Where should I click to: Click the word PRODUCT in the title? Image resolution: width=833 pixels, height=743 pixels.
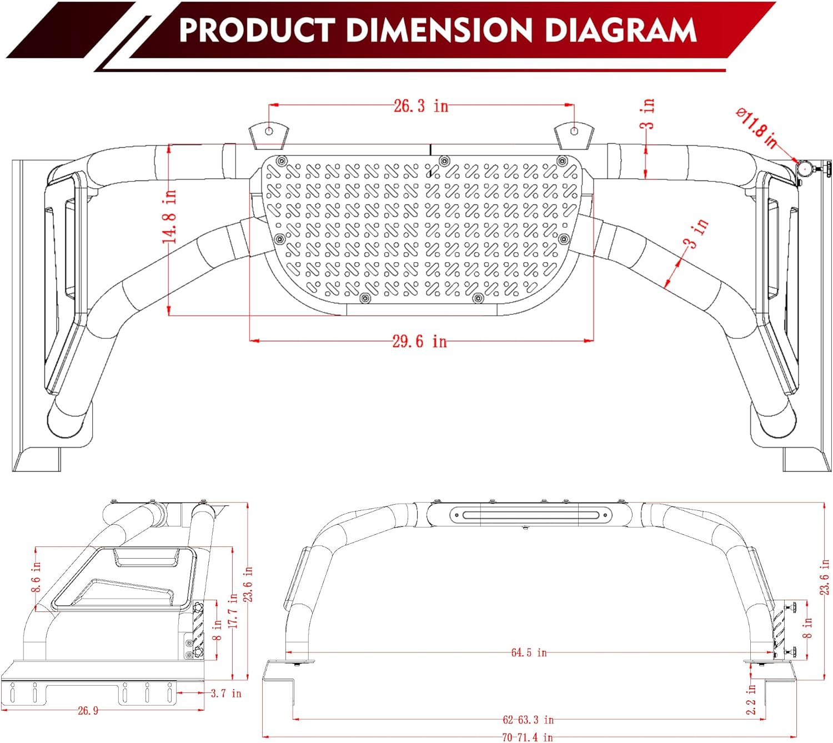[x=255, y=30]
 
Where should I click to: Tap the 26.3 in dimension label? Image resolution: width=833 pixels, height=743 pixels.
[x=420, y=106]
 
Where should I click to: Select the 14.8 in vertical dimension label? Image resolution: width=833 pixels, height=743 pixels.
[x=169, y=217]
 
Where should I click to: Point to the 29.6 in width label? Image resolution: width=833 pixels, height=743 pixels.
[x=419, y=341]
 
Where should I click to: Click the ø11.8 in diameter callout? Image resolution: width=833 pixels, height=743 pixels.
[x=756, y=129]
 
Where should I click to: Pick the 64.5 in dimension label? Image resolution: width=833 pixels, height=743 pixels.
[x=529, y=652]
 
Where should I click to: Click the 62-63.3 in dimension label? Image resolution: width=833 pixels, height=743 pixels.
[x=528, y=720]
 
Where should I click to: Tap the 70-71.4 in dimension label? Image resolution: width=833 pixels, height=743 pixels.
[x=528, y=737]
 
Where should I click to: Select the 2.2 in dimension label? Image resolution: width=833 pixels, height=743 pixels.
[x=751, y=699]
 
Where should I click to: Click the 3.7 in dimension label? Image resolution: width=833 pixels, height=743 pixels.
[x=226, y=693]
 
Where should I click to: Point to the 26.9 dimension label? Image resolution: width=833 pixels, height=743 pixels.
[x=88, y=710]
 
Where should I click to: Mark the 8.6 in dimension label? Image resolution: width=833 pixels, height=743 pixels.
[x=36, y=576]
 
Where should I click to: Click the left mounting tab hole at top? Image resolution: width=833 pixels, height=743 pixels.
[x=269, y=131]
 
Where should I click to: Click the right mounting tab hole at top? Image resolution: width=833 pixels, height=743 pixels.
[x=574, y=131]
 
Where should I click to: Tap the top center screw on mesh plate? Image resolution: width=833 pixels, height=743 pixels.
[x=444, y=160]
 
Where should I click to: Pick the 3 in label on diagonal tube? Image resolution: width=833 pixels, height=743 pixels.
[x=695, y=234]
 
